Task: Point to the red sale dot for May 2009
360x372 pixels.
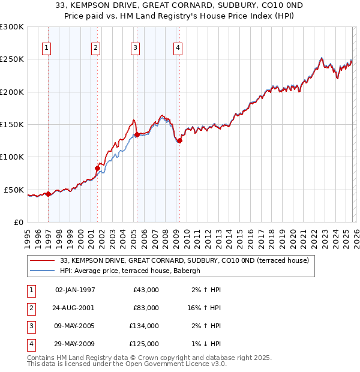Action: (x=179, y=141)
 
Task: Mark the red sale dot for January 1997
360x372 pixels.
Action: (x=49, y=194)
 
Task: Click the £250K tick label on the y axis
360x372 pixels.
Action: (x=12, y=59)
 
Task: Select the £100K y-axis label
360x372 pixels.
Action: (x=12, y=157)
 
